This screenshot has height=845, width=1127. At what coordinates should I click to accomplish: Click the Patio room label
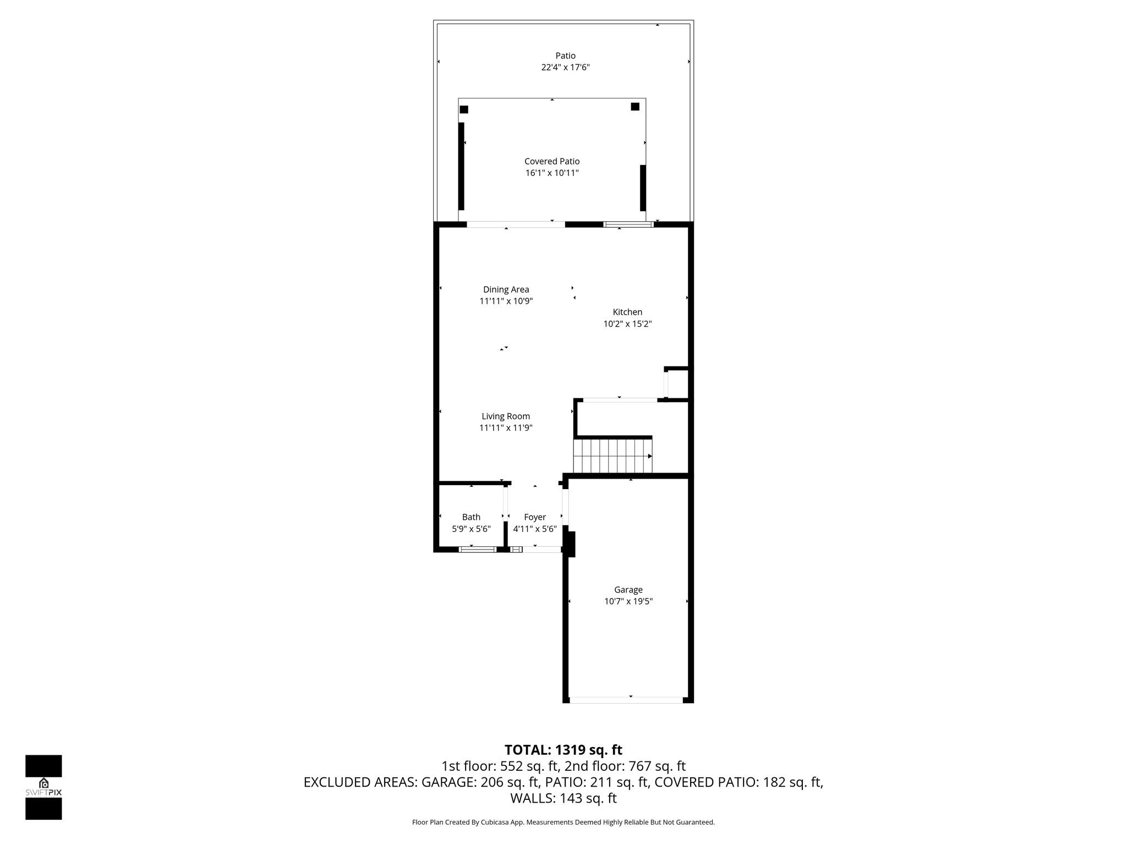pos(565,56)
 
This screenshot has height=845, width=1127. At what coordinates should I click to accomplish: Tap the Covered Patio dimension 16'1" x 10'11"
pos(552,173)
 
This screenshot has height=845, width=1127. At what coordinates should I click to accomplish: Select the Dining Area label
pos(506,289)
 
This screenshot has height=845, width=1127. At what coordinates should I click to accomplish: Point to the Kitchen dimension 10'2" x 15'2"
pos(627,323)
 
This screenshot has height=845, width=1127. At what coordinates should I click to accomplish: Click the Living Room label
pos(506,416)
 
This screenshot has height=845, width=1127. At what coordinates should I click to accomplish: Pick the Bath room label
pos(471,517)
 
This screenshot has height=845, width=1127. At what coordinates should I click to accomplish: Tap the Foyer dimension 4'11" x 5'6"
pos(535,529)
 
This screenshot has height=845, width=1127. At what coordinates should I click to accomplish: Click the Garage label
pos(628,589)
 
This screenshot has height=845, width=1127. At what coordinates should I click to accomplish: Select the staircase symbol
pos(612,456)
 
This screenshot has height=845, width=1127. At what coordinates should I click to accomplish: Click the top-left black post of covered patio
pos(464,109)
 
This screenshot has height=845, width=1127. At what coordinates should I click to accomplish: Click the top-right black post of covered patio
pos(635,107)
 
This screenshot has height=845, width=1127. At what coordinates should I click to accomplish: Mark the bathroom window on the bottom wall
pos(478,549)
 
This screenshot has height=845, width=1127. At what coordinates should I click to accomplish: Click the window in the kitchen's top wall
pos(628,224)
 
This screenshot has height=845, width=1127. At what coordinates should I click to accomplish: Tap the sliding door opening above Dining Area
pos(516,224)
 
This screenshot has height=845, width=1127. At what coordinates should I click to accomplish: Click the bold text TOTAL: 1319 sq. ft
pos(563,750)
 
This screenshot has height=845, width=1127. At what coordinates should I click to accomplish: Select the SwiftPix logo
pos(43,787)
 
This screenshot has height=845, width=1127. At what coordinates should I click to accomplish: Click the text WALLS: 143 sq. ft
pos(563,798)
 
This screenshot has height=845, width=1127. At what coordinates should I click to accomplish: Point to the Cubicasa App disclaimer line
pos(563,822)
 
